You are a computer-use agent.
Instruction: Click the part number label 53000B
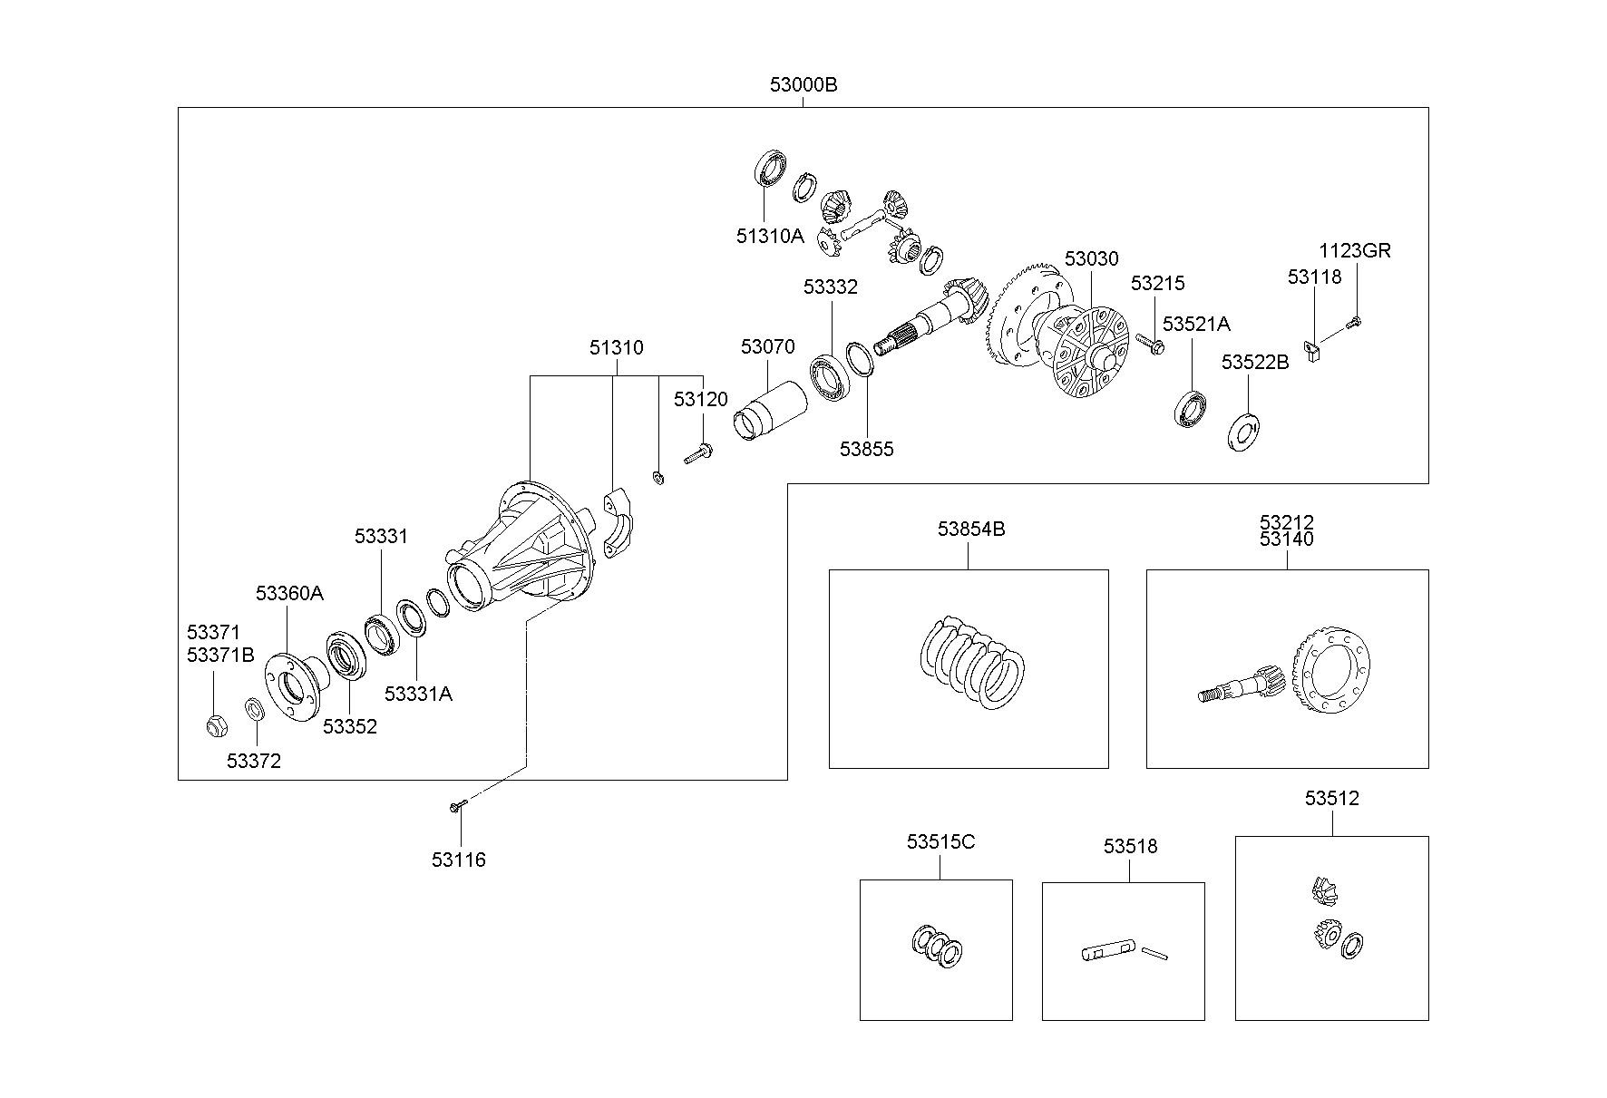(x=803, y=85)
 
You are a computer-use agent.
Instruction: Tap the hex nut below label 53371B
(x=216, y=725)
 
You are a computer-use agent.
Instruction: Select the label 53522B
(x=1254, y=363)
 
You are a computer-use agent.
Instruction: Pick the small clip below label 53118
(x=1311, y=350)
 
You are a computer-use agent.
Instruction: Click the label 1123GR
(x=1354, y=251)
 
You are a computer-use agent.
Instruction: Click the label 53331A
(x=418, y=694)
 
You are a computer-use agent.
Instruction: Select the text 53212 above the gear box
(x=1286, y=523)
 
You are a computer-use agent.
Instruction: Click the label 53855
(x=866, y=449)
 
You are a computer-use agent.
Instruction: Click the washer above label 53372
(x=255, y=709)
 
